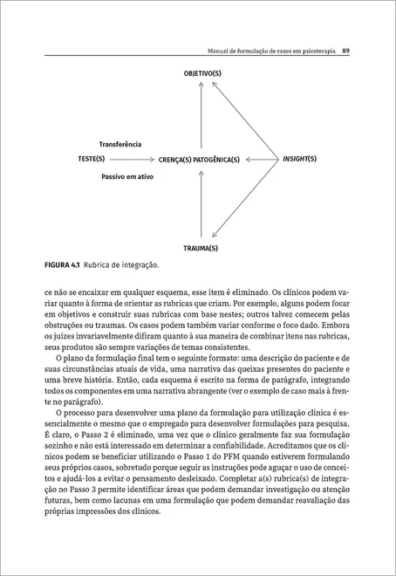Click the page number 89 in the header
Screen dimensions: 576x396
point(346,50)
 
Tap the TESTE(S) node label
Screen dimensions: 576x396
point(92,160)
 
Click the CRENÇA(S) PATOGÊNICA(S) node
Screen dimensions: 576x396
point(199,161)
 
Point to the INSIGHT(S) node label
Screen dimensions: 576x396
point(299,160)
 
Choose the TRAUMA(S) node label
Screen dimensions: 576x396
point(201,248)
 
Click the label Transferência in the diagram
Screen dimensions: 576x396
point(120,144)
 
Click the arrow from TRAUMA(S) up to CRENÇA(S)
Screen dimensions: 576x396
point(201,205)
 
